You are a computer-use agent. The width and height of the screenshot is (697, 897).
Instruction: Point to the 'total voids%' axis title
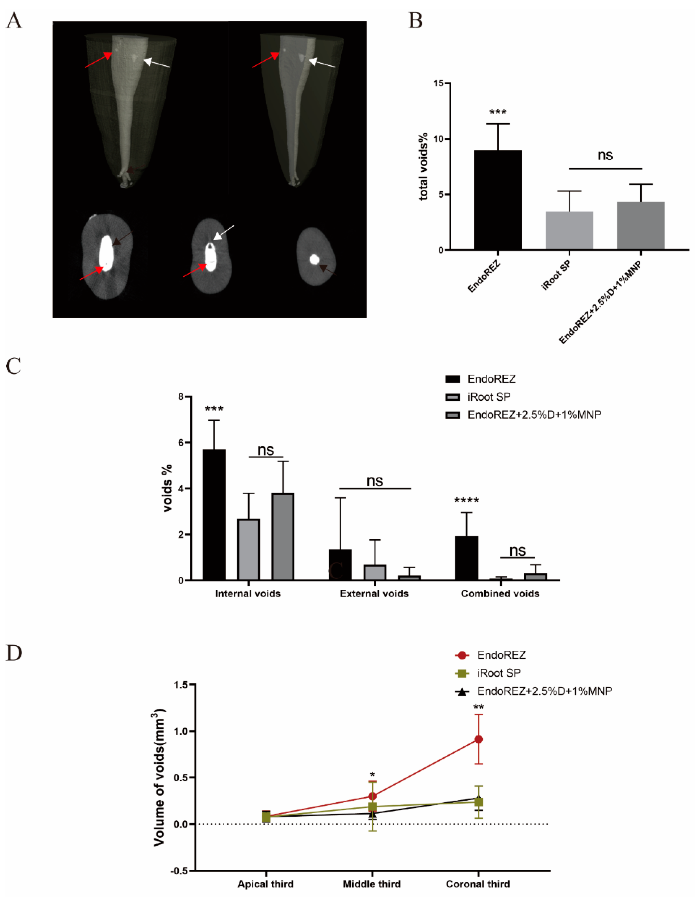tap(423, 166)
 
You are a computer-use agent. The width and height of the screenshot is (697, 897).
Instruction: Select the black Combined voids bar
tap(467, 558)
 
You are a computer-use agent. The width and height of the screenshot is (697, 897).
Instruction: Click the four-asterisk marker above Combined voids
tap(467, 500)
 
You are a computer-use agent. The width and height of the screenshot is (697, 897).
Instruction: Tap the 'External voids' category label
tap(374, 594)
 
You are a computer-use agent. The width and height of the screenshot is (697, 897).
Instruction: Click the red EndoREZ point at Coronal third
tap(478, 739)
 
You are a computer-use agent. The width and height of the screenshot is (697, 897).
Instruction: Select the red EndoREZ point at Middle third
tap(372, 796)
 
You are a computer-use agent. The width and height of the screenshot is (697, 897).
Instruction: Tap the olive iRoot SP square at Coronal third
tap(478, 802)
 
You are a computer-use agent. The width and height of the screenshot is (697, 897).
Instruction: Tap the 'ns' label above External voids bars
tap(374, 481)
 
